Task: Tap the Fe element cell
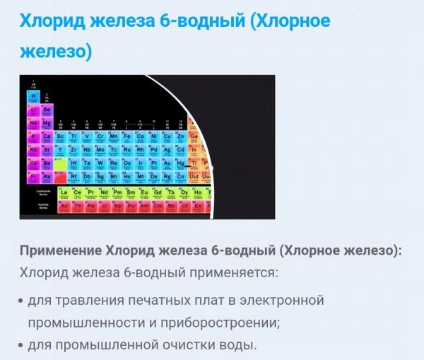128,137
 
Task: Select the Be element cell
47,110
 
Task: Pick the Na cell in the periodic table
33,123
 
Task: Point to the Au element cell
167,163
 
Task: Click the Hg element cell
181,163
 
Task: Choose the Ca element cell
47,137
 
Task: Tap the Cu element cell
167,137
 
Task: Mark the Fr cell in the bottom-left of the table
33,176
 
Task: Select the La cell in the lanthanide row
64,192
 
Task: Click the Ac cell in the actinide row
64,206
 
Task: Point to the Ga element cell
194,137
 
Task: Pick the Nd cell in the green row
104,192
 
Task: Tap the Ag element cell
167,150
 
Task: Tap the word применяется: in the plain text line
237,273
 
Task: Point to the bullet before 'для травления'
20,301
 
